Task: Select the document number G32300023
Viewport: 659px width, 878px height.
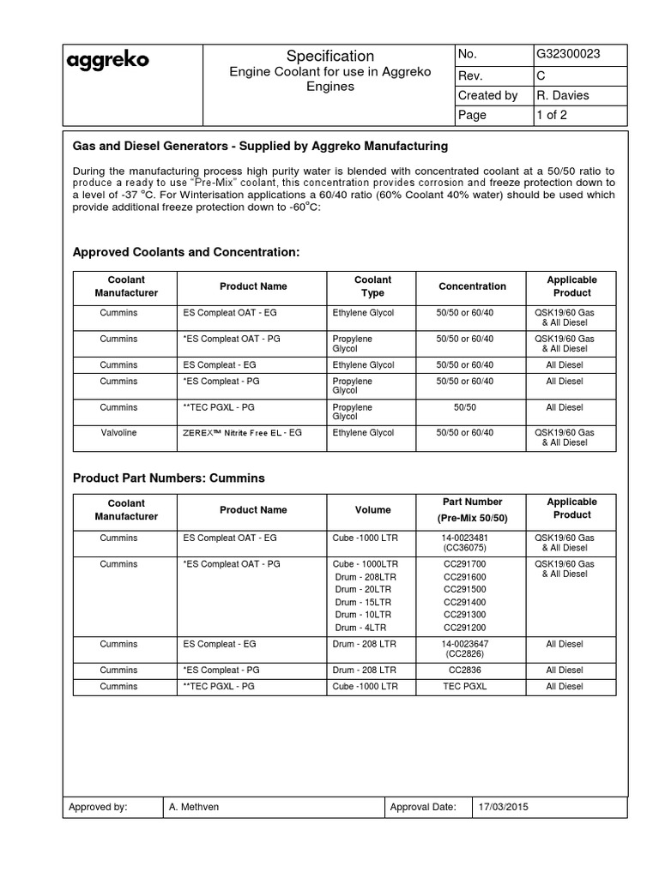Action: click(567, 54)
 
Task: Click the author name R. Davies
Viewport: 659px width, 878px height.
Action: click(562, 95)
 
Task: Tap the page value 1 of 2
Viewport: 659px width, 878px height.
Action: click(552, 115)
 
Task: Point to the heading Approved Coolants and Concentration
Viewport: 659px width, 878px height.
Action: click(186, 252)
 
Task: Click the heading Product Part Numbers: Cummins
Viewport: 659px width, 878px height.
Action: click(169, 478)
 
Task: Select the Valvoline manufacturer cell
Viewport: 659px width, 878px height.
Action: click(118, 433)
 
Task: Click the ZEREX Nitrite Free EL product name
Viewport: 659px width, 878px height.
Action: click(243, 434)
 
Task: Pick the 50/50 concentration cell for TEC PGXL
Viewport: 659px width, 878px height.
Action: click(464, 407)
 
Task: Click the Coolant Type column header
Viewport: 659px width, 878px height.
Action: click(372, 286)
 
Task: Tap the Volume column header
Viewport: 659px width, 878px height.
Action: click(372, 510)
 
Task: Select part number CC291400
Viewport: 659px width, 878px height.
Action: click(464, 603)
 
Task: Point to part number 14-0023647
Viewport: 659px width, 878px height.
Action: click(464, 643)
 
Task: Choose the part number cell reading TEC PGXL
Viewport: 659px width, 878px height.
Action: click(464, 687)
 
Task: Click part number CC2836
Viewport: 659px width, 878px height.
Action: click(464, 670)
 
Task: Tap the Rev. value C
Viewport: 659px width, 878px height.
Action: click(541, 75)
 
